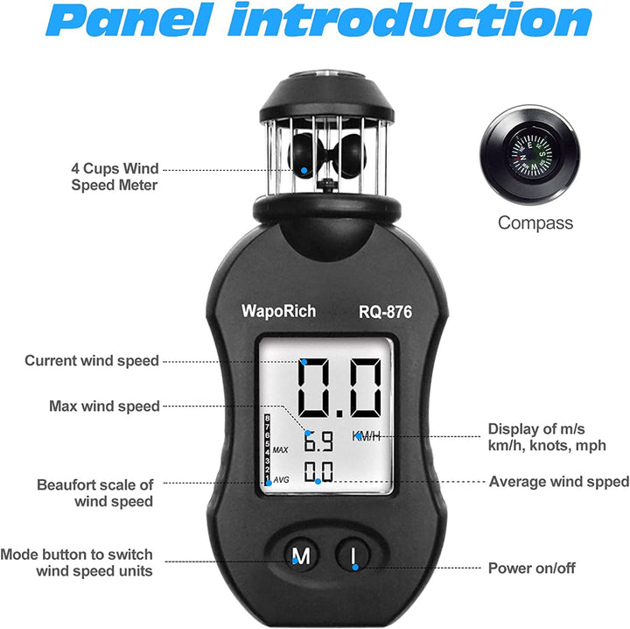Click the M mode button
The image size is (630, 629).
[x=300, y=555]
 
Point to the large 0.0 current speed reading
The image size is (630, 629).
[x=339, y=388]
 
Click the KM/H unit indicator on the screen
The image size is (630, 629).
[x=367, y=436]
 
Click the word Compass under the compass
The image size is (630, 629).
[x=535, y=223]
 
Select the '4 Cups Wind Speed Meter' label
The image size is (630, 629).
[x=115, y=176]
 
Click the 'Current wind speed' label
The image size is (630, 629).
[x=92, y=361]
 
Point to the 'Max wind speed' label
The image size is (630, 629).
[x=105, y=406]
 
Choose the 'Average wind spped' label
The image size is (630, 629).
[x=558, y=482]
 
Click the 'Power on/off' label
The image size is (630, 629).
[x=531, y=568]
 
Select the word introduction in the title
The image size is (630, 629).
[x=410, y=24]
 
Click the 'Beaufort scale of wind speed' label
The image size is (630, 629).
[x=95, y=492]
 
